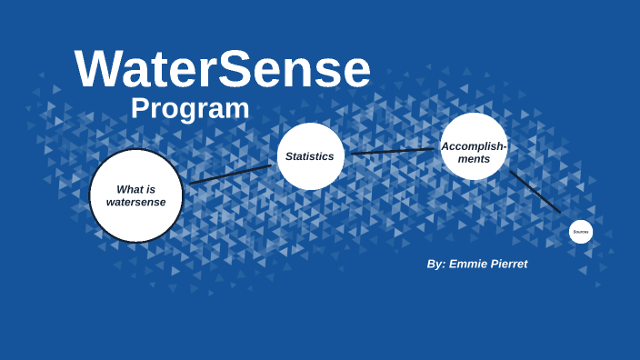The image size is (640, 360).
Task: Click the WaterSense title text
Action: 223,70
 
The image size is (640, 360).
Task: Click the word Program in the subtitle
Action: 190,108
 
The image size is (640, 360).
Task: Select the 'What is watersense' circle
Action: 136,195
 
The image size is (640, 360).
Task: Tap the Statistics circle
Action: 310,156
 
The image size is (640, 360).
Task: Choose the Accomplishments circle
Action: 474,146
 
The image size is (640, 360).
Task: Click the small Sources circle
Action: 581,232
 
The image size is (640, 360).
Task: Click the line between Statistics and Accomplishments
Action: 393,151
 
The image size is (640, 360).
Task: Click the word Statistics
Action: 310,156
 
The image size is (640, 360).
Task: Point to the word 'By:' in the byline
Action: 436,264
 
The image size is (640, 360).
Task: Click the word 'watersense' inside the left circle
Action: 136,202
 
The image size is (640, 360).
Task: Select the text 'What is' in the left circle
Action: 136,189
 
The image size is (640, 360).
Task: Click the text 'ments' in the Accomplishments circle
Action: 474,159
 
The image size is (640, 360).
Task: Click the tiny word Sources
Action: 581,232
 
